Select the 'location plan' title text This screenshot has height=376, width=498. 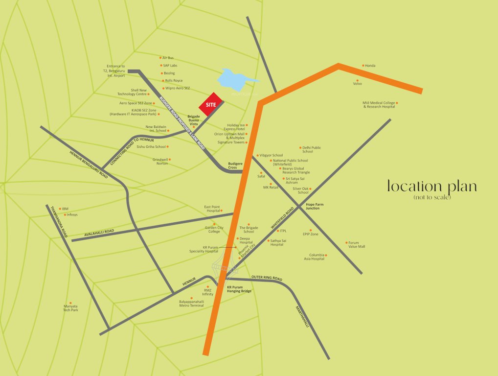coord(431,187)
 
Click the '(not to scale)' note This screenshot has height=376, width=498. coord(432,197)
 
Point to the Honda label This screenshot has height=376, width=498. coord(370,66)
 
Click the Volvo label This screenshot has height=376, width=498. coord(358,84)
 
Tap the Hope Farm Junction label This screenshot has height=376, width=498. coord(313,206)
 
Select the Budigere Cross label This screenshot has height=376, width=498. coord(235,165)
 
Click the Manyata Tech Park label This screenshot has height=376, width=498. coord(70,308)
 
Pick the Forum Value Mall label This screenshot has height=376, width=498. coord(357,245)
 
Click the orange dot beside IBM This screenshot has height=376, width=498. coord(60,209)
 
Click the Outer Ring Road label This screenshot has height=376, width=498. coord(267,278)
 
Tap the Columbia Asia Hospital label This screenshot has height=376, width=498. coord(314,257)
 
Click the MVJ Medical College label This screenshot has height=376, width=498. coord(379,105)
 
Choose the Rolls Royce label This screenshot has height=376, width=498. coord(174,80)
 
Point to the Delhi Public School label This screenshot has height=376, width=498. coord(311,149)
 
